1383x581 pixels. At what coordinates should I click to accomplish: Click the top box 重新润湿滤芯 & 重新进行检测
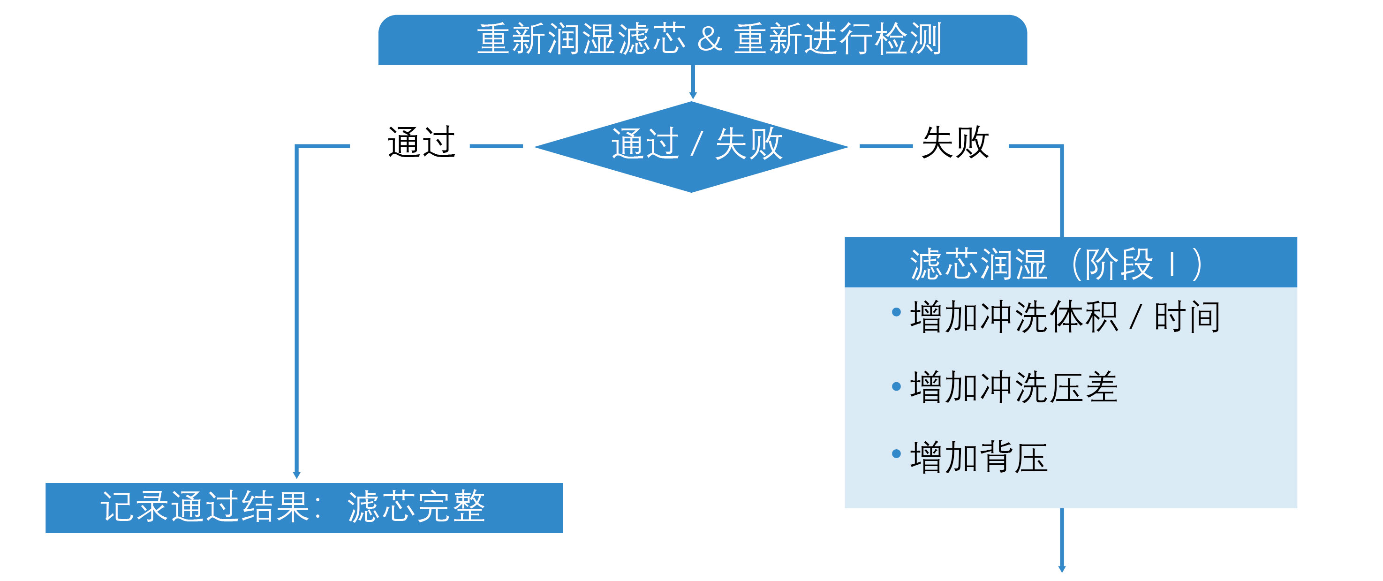pyautogui.click(x=702, y=40)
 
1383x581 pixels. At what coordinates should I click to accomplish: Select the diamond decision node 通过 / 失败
pyautogui.click(x=691, y=145)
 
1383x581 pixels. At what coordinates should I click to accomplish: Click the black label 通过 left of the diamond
pyautogui.click(x=422, y=143)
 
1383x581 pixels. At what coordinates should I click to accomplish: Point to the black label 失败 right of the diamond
pyautogui.click(x=955, y=143)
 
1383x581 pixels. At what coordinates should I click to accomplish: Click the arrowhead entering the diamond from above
pyautogui.click(x=693, y=95)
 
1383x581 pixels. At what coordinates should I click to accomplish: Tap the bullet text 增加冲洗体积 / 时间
pyautogui.click(x=1065, y=317)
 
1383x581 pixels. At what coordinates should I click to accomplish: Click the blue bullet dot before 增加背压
pyautogui.click(x=896, y=454)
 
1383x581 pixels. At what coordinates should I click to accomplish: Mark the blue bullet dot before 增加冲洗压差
pyautogui.click(x=896, y=386)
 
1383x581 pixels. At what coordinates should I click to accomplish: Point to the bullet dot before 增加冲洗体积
pyautogui.click(x=896, y=312)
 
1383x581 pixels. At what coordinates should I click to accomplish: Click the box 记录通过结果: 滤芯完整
pyautogui.click(x=304, y=507)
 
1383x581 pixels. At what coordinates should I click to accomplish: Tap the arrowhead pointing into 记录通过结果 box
pyautogui.click(x=296, y=475)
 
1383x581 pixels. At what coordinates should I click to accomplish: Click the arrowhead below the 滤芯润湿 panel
pyautogui.click(x=1061, y=568)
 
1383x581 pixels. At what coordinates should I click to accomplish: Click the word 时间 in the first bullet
pyautogui.click(x=1187, y=317)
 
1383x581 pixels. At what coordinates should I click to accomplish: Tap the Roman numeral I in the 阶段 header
pyautogui.click(x=1172, y=264)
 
